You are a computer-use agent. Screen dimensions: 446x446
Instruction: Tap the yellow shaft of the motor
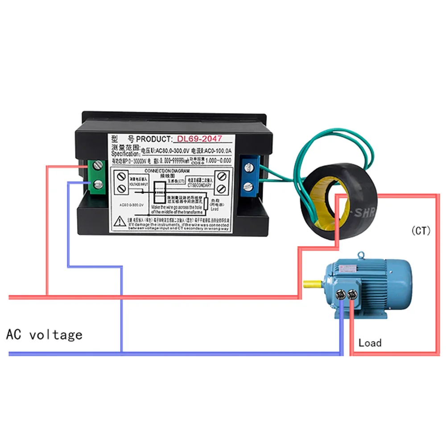point(312,283)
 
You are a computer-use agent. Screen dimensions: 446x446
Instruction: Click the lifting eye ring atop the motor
point(361,256)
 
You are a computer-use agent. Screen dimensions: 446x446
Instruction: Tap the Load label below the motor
point(370,343)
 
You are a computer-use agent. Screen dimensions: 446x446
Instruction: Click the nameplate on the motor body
point(346,269)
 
